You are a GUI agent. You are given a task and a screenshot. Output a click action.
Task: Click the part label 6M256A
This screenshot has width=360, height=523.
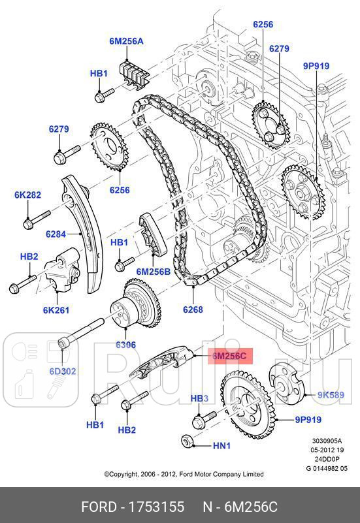(126, 40)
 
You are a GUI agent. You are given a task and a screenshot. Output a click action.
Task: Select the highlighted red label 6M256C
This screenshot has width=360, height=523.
(228, 356)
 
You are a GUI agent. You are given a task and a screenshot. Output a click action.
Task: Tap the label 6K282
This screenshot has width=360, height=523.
(27, 195)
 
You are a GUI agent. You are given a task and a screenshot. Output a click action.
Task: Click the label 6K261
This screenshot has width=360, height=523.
(56, 309)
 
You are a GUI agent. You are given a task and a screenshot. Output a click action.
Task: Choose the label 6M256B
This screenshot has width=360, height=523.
(153, 271)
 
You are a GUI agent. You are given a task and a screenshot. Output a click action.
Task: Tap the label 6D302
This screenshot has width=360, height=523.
(62, 371)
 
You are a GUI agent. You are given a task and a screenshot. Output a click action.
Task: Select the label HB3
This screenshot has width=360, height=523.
(199, 398)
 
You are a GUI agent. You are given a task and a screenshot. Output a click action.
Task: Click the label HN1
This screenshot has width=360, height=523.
(222, 446)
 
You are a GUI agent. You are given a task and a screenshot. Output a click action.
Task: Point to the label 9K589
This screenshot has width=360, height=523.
(331, 394)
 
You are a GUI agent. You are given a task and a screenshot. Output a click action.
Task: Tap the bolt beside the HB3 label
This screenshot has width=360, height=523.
(205, 415)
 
